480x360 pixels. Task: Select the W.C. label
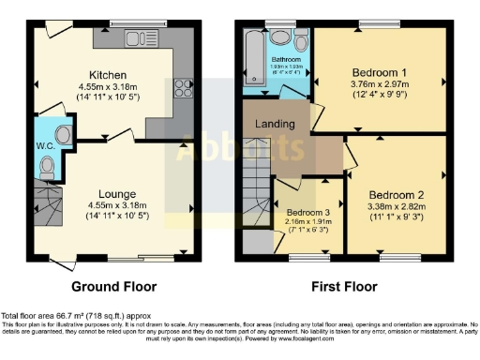[x=44, y=145]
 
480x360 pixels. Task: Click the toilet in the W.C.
[x=46, y=166]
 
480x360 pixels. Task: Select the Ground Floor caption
[x=113, y=286]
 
